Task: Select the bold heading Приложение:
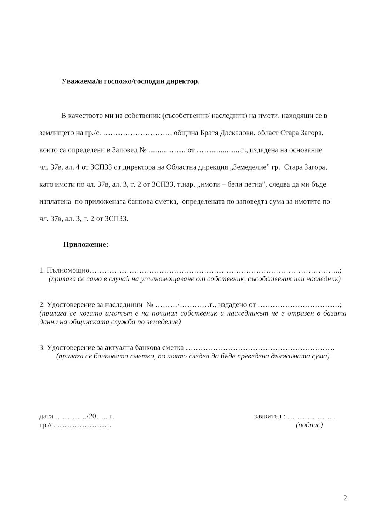point(86,244)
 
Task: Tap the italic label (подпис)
point(309,425)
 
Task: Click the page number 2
point(345,498)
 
